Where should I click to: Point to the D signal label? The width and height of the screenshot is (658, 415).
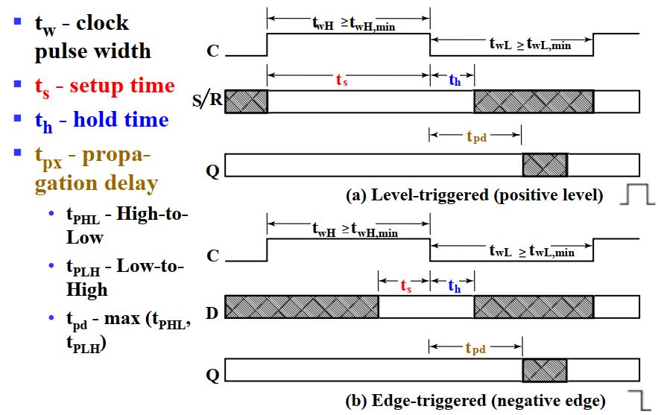[x=212, y=311]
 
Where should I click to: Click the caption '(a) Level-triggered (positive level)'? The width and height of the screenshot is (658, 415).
[x=475, y=195]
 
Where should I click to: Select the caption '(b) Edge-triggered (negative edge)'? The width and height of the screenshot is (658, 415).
[x=475, y=401]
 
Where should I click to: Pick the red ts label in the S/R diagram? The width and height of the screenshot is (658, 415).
[x=344, y=80]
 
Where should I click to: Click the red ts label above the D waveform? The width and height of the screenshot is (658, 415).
[x=406, y=285]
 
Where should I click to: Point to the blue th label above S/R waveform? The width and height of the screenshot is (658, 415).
[x=455, y=80]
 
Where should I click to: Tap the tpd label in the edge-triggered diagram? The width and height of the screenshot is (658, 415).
[x=477, y=348]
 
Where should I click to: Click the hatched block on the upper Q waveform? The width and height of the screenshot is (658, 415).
[x=545, y=165]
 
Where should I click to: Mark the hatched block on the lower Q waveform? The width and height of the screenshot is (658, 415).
[x=545, y=370]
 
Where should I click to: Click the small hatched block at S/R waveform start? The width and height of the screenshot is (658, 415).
[x=246, y=101]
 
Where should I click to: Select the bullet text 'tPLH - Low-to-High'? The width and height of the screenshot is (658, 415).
[x=124, y=277]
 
